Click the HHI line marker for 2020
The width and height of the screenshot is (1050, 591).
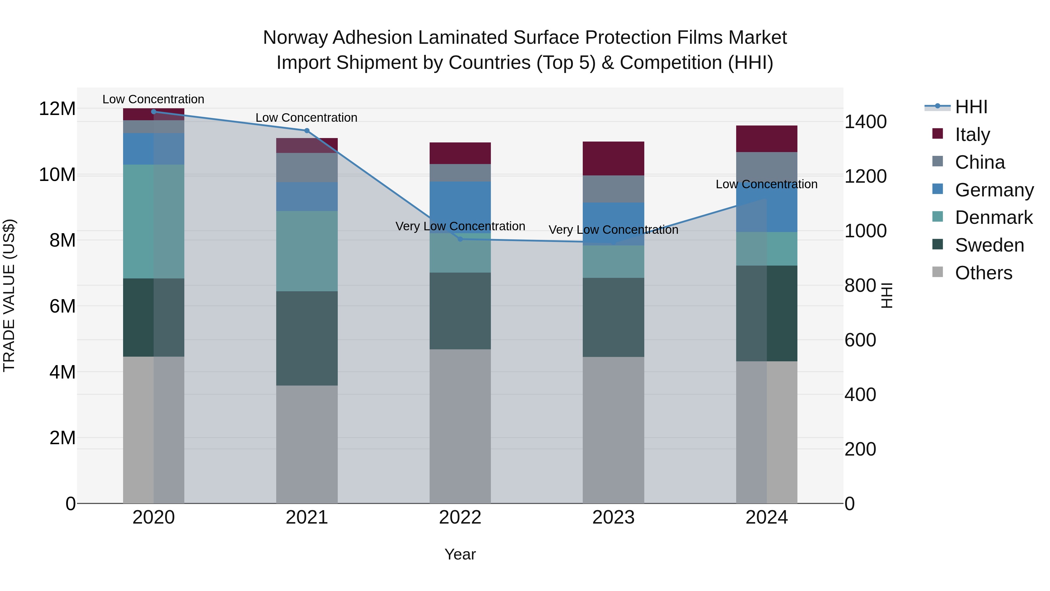coord(154,111)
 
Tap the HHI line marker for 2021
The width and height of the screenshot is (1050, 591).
coord(307,130)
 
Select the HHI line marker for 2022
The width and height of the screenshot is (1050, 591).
coord(460,239)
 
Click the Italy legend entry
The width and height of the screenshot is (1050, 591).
coord(972,134)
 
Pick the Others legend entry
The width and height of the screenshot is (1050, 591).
coord(983,273)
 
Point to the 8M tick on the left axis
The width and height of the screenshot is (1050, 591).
coord(62,240)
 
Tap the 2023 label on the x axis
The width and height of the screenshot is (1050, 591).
coord(613,517)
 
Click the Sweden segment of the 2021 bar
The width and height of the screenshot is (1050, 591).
coord(307,338)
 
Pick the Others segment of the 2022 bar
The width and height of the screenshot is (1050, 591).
coord(460,426)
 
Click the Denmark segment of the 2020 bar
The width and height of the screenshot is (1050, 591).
coord(154,222)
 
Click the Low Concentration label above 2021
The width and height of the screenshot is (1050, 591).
coord(307,117)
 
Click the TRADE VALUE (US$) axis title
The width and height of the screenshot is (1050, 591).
coord(9,295)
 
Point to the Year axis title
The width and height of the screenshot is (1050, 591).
coord(460,554)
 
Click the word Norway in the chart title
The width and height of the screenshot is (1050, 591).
coord(296,38)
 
